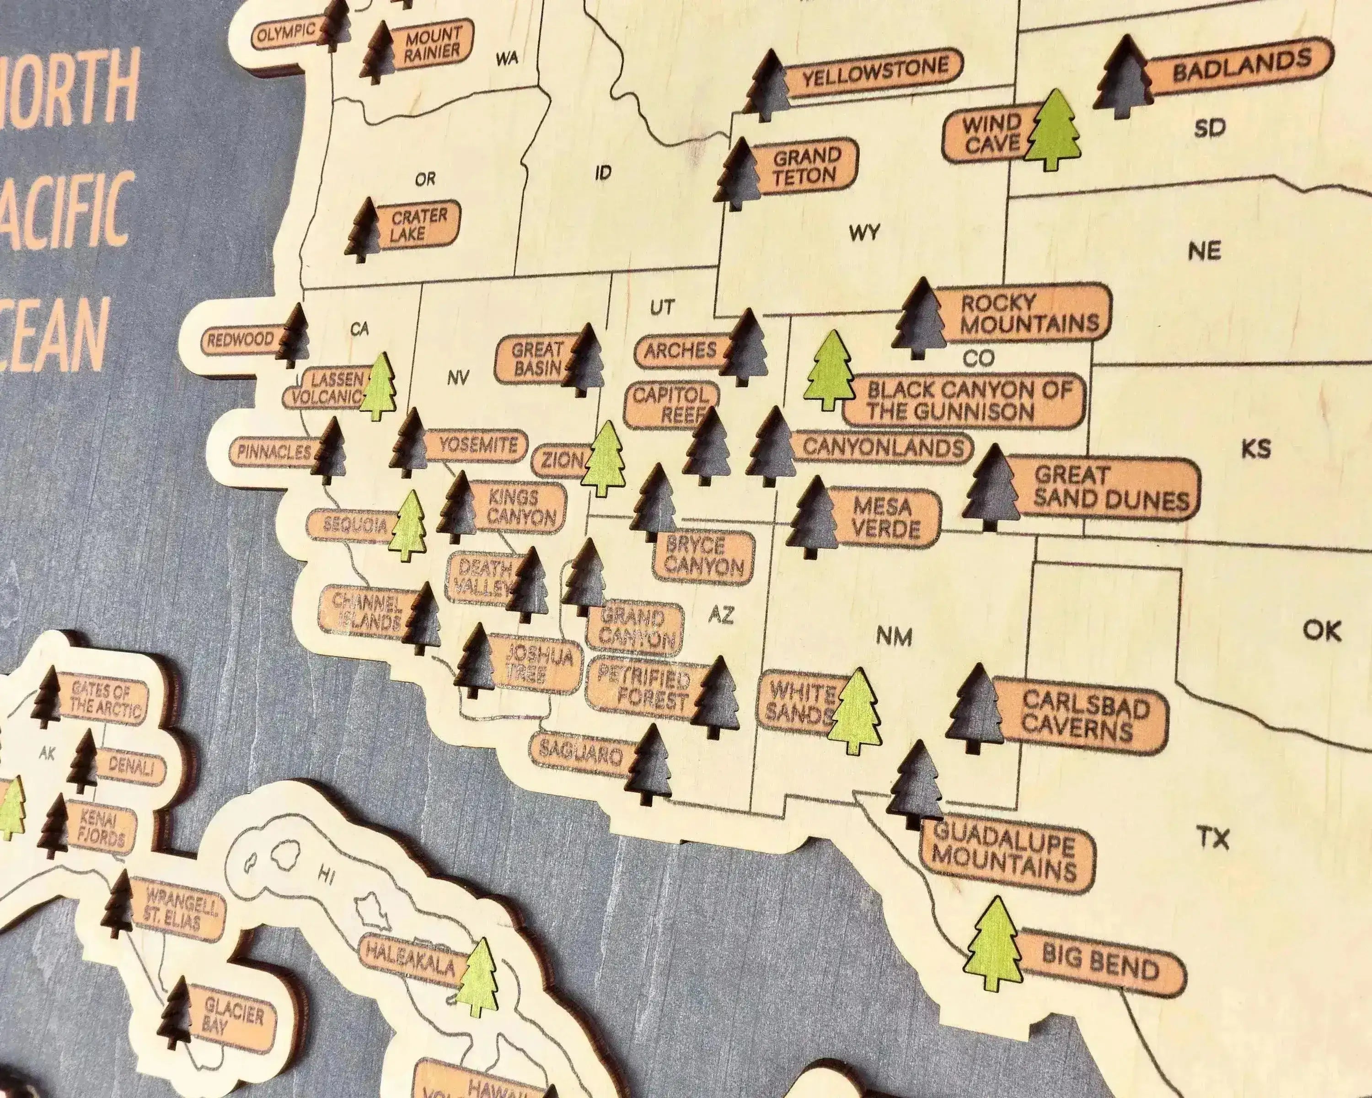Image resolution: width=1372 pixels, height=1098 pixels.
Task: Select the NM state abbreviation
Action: tap(894, 636)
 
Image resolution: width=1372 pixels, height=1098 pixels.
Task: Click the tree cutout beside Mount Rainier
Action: tap(378, 52)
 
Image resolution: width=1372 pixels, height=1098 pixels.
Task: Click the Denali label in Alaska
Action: tap(130, 766)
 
